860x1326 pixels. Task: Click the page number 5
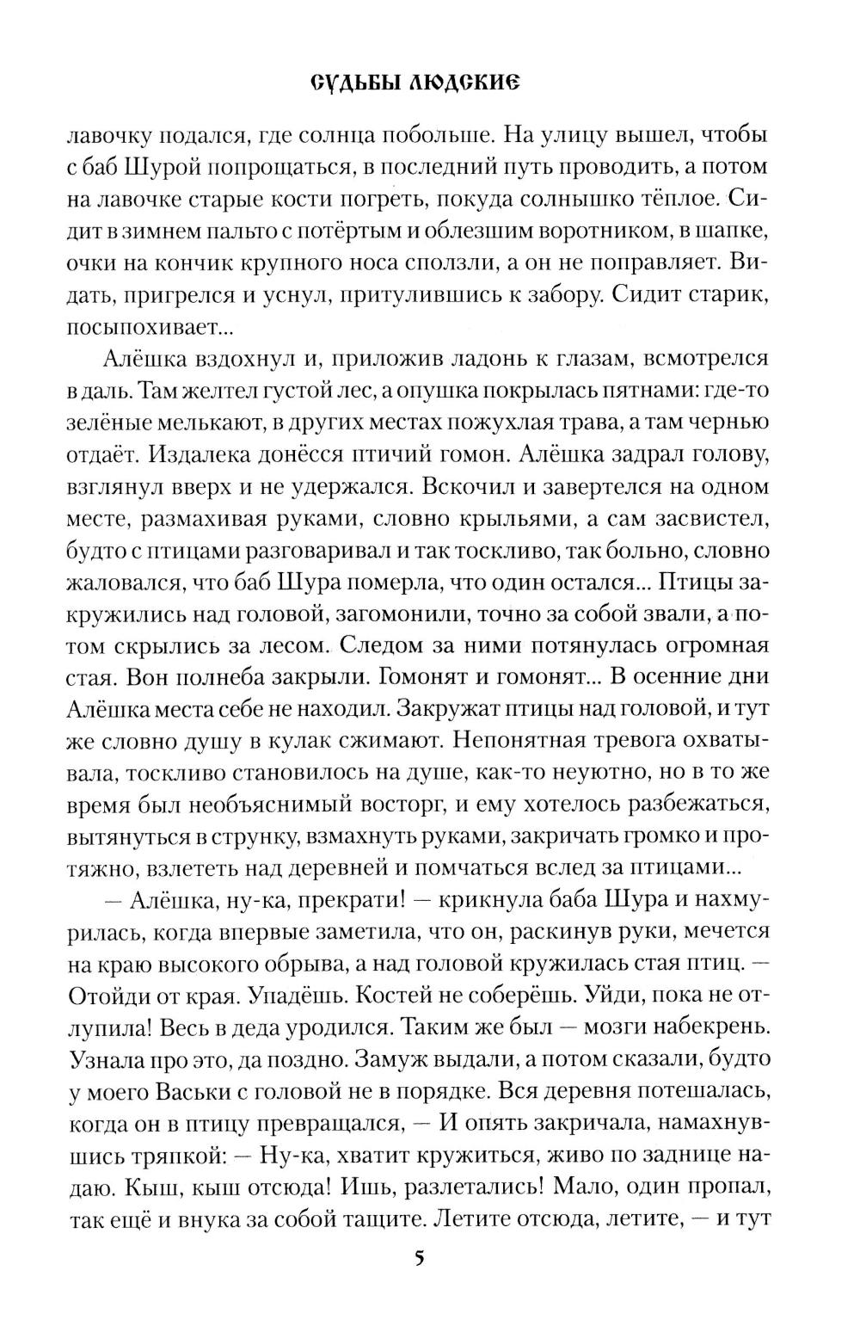click(419, 1258)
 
